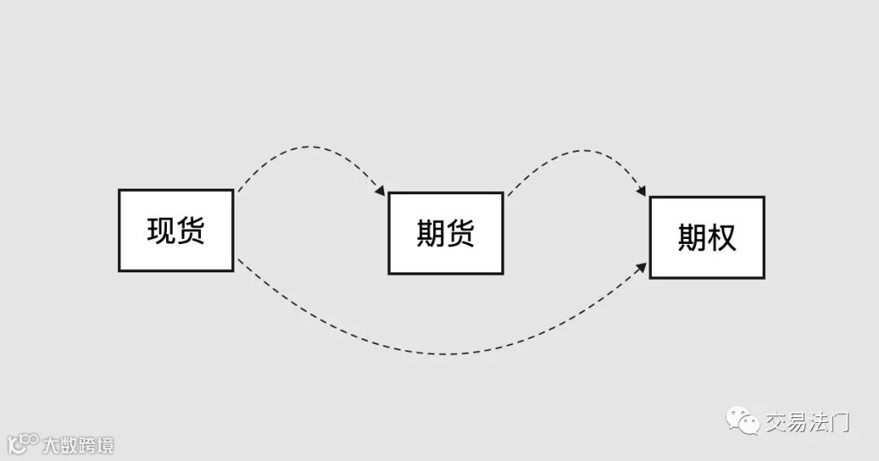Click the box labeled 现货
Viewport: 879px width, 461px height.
[x=176, y=231]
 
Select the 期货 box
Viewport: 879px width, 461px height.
[x=445, y=233]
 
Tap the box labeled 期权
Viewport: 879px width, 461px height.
[x=706, y=237]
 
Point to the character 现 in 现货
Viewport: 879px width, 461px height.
[x=161, y=231]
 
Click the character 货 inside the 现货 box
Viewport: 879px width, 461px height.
[x=190, y=231]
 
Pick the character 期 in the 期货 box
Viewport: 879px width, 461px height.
[x=431, y=234]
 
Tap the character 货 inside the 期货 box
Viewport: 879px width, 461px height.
[x=461, y=234]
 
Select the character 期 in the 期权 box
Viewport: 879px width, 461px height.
[x=692, y=237]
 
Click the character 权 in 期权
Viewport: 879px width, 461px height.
[x=722, y=237]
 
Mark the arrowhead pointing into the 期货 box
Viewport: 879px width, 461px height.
[x=381, y=191]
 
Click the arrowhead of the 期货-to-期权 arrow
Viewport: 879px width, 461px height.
[x=641, y=192]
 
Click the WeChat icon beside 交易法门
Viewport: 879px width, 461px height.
[x=743, y=421]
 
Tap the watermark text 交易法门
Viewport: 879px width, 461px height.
[x=807, y=422]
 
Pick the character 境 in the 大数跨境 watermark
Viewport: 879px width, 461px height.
[x=105, y=445]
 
